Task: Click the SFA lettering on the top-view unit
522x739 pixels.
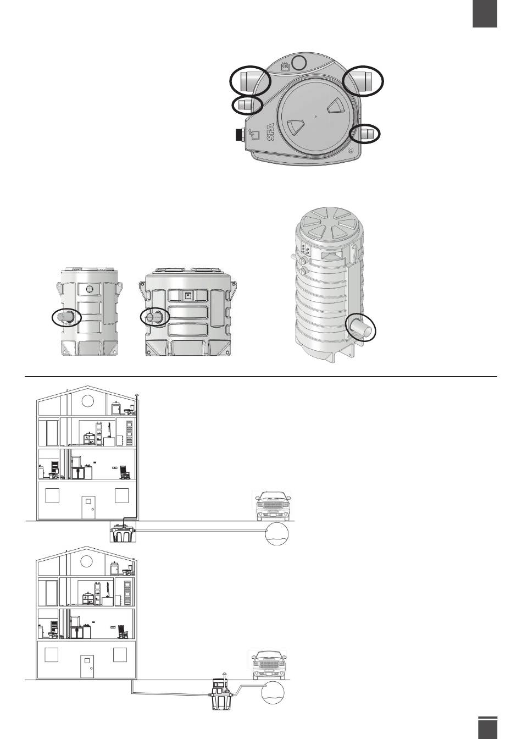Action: point(270,130)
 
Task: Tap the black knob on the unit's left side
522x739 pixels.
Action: point(238,135)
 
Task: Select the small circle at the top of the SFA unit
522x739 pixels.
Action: point(299,63)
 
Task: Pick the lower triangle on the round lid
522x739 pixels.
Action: point(296,128)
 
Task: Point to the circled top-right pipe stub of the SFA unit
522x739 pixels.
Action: point(363,80)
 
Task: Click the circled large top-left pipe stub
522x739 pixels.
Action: point(250,81)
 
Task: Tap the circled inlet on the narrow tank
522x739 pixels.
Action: point(66,317)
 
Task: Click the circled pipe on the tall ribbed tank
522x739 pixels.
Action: point(362,329)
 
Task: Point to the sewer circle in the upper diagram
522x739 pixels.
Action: point(276,534)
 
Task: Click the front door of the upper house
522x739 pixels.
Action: point(88,507)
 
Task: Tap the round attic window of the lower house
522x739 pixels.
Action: point(87,561)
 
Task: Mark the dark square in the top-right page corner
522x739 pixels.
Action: point(485,13)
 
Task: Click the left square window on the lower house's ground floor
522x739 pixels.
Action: point(52,654)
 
